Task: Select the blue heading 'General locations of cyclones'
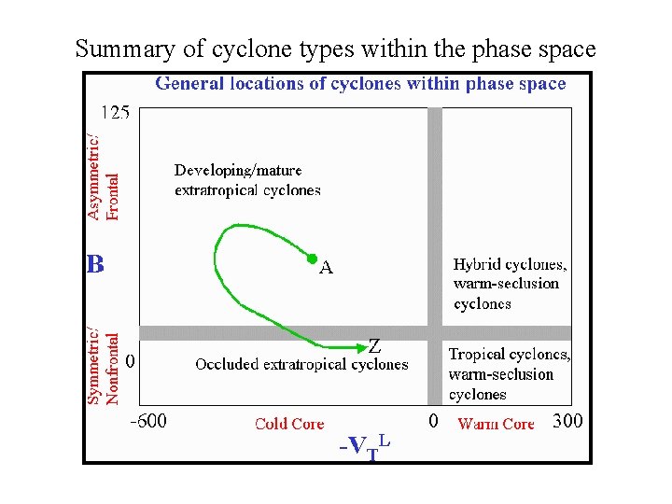click(x=360, y=84)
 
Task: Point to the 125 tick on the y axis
click(x=116, y=113)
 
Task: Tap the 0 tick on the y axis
click(x=131, y=359)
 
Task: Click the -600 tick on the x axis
click(x=147, y=421)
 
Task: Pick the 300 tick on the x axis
click(x=567, y=421)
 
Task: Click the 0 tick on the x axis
click(x=433, y=421)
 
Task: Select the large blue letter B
click(x=95, y=264)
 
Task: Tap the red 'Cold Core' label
click(x=289, y=424)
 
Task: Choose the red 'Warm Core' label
click(x=496, y=424)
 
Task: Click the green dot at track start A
click(x=313, y=258)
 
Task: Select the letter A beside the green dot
click(x=327, y=269)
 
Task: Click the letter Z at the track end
click(x=374, y=344)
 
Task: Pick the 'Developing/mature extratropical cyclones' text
click(x=247, y=180)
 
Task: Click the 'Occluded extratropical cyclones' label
click(x=301, y=365)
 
